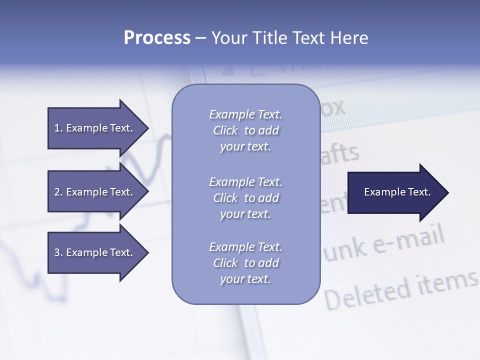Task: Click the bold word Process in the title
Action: (x=157, y=38)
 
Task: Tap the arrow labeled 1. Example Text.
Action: (x=95, y=128)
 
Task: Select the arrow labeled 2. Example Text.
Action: (x=95, y=192)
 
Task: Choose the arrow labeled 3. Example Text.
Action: (x=95, y=252)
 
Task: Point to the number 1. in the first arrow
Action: (x=58, y=128)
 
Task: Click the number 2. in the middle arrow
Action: (x=58, y=192)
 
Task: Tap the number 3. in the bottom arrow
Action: (x=58, y=252)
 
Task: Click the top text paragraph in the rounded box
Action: (x=245, y=130)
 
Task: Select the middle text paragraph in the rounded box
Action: (x=245, y=198)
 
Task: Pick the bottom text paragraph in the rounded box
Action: (x=245, y=263)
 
